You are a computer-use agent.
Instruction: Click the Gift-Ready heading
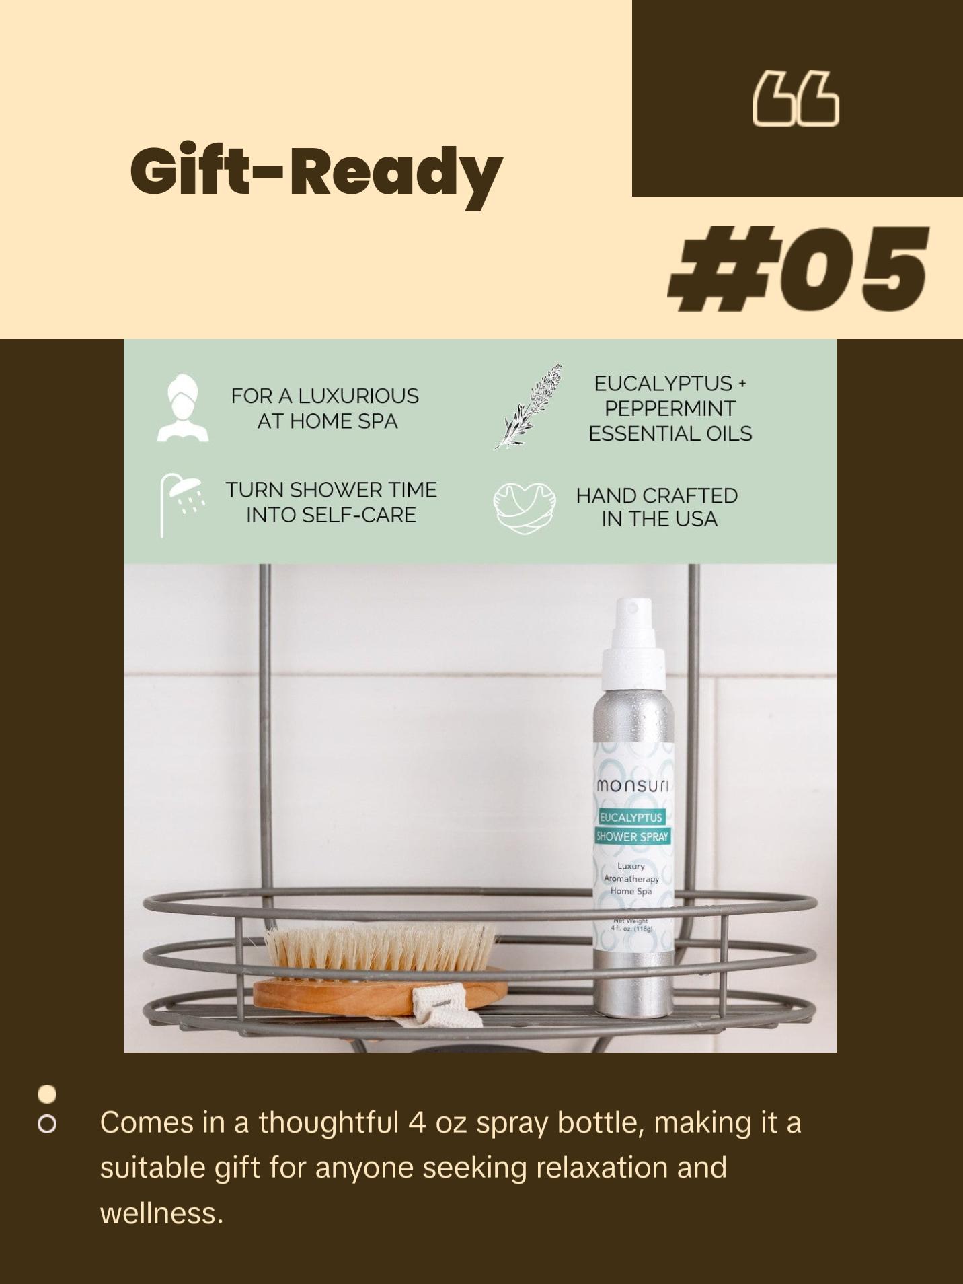point(316,172)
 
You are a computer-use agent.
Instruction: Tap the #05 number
point(798,269)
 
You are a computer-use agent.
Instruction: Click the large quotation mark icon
point(796,100)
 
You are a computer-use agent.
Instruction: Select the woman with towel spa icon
point(183,408)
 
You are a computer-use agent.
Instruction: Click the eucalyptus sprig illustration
point(529,406)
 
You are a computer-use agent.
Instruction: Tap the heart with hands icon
point(525,508)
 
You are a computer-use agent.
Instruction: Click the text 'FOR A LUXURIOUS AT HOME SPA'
point(325,408)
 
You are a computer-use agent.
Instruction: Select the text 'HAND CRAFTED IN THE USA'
point(657,507)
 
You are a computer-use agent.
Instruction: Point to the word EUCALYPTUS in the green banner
point(663,383)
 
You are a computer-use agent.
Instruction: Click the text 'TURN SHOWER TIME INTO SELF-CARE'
point(331,502)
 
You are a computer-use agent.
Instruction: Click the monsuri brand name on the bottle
point(631,786)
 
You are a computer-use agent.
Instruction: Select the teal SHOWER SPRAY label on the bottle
point(632,836)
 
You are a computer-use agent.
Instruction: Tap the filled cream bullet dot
point(47,1094)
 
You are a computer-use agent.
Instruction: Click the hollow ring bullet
point(47,1124)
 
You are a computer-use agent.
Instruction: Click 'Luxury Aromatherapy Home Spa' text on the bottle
point(631,878)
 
